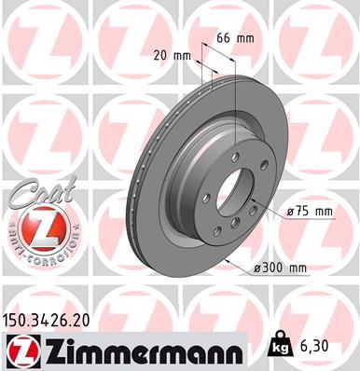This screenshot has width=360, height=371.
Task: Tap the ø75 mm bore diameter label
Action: click(310, 212)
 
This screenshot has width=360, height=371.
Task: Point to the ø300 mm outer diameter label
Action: click(283, 269)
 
